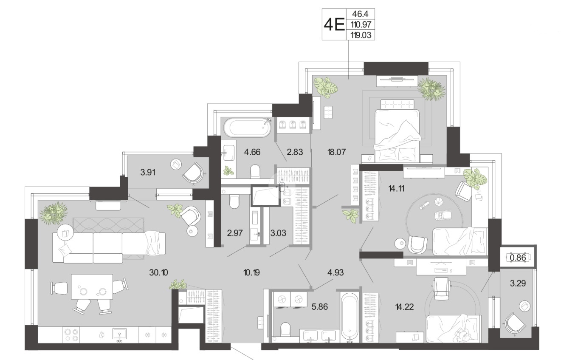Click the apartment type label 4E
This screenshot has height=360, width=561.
tap(334, 25)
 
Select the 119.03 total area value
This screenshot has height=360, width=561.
tap(361, 35)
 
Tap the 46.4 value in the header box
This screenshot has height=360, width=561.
tap(360, 14)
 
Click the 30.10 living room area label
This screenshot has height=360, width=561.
tap(158, 272)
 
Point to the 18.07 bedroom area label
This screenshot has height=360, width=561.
tap(337, 152)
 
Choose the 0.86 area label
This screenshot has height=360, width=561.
tap(518, 258)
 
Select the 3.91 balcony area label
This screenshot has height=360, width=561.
tap(148, 173)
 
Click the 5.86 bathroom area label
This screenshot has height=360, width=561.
tap(319, 306)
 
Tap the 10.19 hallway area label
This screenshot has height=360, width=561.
tap(251, 272)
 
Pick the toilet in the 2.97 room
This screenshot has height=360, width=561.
tap(234, 201)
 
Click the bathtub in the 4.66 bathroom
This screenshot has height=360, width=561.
tap(247, 128)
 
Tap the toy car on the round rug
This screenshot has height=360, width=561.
tap(443, 215)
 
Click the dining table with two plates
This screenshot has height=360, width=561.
tap(92, 287)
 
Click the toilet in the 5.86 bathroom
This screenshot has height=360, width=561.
tap(285, 329)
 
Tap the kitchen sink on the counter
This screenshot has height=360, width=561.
tap(119, 335)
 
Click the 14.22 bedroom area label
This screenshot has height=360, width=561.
tap(404, 306)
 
